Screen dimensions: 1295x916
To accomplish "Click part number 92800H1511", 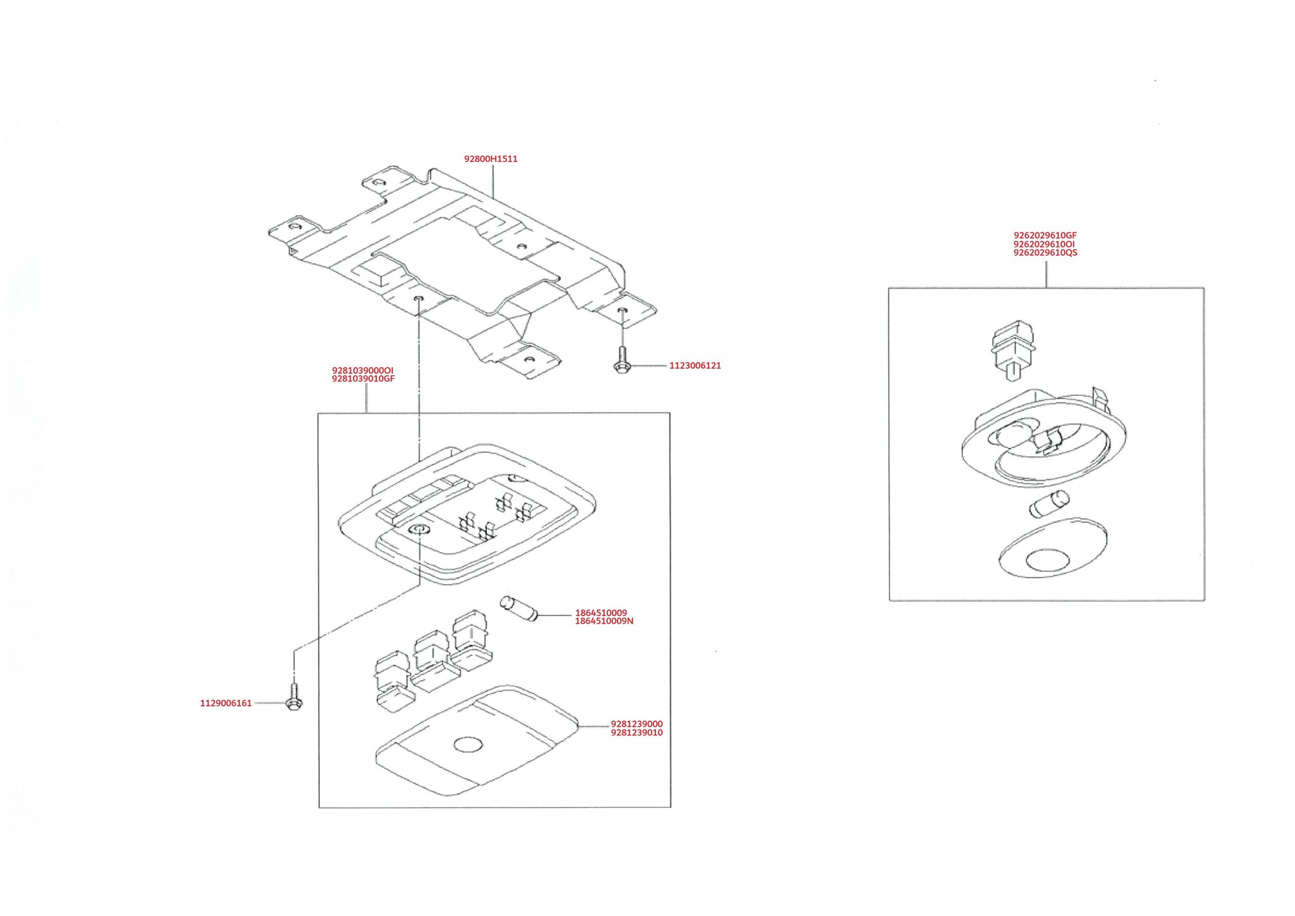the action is pyautogui.click(x=491, y=159).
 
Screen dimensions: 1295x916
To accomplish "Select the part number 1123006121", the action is pyautogui.click(x=695, y=366).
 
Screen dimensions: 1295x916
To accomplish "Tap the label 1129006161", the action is pyautogui.click(x=226, y=703).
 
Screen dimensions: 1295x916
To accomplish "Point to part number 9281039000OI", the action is pyautogui.click(x=363, y=370).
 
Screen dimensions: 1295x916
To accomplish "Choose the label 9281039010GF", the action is pyautogui.click(x=364, y=379).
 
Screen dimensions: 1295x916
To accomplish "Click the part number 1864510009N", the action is pyautogui.click(x=604, y=621).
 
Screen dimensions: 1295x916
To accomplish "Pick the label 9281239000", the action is pyautogui.click(x=637, y=724).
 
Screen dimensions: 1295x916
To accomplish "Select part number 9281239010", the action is pyautogui.click(x=637, y=733).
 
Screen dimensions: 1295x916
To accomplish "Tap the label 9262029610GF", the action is pyautogui.click(x=1045, y=235).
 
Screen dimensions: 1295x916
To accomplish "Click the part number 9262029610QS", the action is pyautogui.click(x=1045, y=252).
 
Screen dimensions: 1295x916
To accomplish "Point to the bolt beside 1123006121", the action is pyautogui.click(x=621, y=359).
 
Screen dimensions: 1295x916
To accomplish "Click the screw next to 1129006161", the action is pyautogui.click(x=293, y=696).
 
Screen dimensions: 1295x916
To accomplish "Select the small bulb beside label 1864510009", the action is pyautogui.click(x=519, y=607).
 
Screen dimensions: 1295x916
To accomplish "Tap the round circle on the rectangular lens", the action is pyautogui.click(x=468, y=745).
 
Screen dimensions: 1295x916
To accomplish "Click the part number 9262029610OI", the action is pyautogui.click(x=1044, y=244).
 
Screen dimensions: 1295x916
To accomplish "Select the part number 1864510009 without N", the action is pyautogui.click(x=601, y=613).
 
